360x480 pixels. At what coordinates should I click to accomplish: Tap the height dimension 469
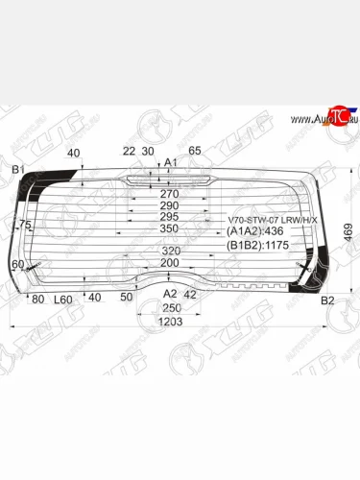tap(348, 230)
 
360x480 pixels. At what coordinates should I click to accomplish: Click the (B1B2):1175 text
tap(256, 245)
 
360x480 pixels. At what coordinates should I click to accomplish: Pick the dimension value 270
tap(169, 192)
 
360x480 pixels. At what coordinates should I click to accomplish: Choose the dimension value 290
tap(169, 204)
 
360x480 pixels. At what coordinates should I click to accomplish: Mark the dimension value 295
tap(169, 217)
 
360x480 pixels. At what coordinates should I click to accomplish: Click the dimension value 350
tap(169, 228)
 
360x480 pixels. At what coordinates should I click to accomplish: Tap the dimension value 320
tap(169, 252)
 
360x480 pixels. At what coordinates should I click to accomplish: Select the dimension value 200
tap(169, 263)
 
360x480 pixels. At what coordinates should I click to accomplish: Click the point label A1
tap(170, 162)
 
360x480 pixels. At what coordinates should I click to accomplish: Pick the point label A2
tap(169, 294)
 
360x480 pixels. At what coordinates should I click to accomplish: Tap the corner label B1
tap(17, 170)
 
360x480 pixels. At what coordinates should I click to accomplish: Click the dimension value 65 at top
tap(195, 151)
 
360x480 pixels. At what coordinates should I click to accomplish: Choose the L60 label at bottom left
tap(63, 300)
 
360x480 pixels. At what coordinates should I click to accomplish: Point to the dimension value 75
tap(25, 225)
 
